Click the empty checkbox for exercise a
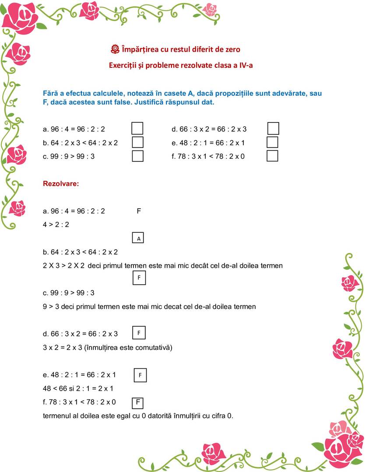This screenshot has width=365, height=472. [x=137, y=129]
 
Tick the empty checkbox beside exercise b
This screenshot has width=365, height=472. [x=137, y=142]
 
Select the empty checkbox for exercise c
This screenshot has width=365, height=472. [x=137, y=156]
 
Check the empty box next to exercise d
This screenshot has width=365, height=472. [x=273, y=129]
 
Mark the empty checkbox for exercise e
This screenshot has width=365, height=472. [x=272, y=142]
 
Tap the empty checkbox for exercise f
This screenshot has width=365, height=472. [x=272, y=156]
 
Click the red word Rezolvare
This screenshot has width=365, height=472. [x=61, y=184]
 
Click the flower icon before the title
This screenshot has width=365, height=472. [x=115, y=49]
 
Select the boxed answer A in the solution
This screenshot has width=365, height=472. [x=138, y=238]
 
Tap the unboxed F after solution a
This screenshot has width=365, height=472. [x=139, y=211]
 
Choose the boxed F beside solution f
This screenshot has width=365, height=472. [x=138, y=402]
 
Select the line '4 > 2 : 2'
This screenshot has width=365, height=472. [x=56, y=224]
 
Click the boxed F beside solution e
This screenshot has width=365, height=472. [x=140, y=375]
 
